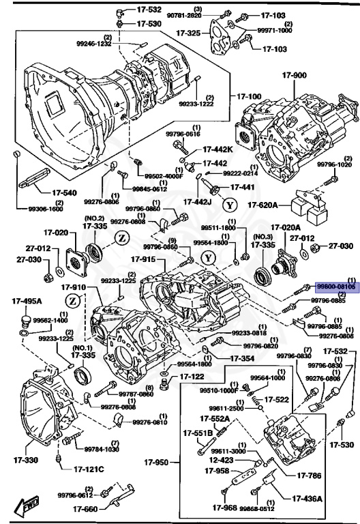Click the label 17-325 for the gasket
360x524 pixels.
[187, 32]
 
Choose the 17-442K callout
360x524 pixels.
[218, 150]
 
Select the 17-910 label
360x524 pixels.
[76, 287]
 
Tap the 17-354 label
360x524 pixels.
[241, 358]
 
